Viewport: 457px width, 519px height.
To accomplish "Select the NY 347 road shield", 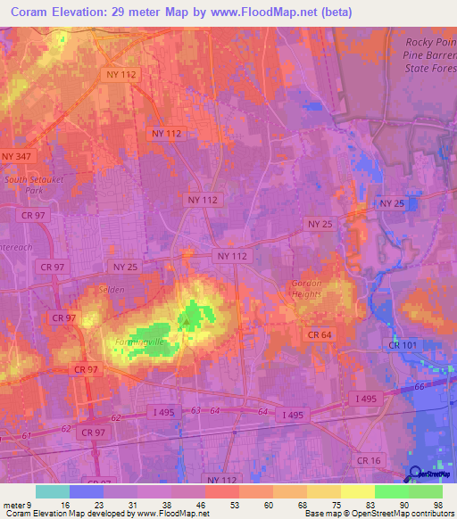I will point(17,157).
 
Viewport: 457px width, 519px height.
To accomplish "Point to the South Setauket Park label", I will point(29,185).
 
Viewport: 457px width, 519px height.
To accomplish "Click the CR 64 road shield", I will point(320,334).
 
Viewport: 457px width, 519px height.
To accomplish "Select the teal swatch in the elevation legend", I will point(53,491).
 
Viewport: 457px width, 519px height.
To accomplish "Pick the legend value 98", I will point(438,505).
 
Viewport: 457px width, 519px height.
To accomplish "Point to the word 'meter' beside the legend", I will point(15,505).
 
